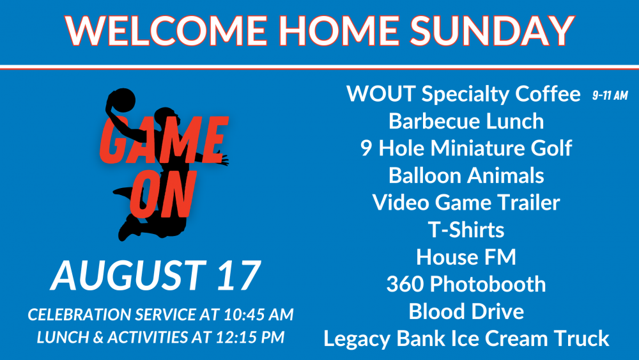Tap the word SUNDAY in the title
point(492,30)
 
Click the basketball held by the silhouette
point(121,100)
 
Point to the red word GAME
point(164,139)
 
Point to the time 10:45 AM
point(258,315)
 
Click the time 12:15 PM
point(250,337)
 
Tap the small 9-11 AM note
point(610,96)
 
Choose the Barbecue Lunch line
point(466,121)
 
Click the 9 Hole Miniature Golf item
point(466,148)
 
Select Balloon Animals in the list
point(466,175)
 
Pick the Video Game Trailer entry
point(466,203)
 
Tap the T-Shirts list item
point(466,230)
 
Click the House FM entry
point(466,257)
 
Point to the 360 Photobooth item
point(466,284)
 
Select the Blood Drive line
point(466,311)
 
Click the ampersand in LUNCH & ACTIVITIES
point(98,338)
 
